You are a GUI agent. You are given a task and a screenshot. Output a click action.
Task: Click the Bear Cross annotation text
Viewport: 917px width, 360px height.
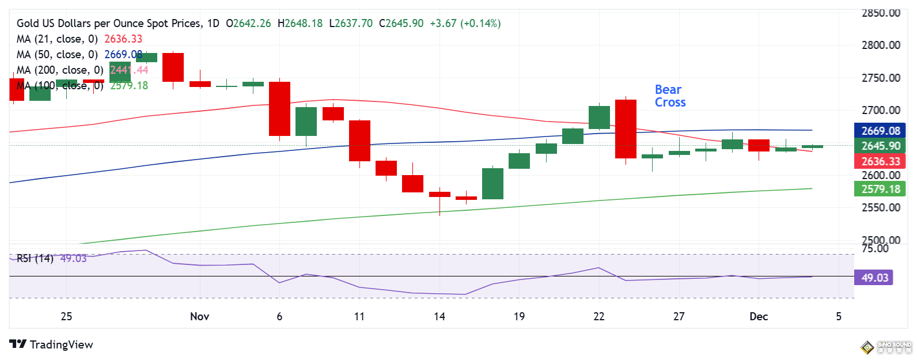670,96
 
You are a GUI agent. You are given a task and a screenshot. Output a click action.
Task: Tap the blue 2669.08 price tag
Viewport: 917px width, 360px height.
880,131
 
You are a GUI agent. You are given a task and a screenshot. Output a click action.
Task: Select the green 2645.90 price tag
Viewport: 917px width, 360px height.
880,146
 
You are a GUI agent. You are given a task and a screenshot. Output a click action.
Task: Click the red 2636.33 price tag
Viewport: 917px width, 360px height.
880,161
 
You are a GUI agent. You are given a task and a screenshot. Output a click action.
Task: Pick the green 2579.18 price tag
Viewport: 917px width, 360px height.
880,189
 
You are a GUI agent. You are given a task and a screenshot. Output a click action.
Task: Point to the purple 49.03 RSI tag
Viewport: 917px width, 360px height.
874,278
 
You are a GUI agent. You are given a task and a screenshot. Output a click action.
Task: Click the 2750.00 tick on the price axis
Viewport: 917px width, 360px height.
881,78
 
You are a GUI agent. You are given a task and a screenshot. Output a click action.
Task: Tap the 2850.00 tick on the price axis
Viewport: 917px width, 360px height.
881,13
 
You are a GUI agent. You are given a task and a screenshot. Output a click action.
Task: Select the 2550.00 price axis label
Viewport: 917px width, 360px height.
881,207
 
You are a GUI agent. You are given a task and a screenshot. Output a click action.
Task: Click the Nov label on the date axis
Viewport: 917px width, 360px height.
199,316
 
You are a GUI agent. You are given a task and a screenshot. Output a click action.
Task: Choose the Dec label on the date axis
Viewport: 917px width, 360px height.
759,316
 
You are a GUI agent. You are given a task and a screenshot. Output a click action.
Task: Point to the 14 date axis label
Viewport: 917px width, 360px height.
439,316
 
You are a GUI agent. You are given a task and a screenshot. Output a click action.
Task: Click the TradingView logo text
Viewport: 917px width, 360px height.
61,344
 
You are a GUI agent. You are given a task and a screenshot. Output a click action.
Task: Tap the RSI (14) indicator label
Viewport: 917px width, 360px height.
35,258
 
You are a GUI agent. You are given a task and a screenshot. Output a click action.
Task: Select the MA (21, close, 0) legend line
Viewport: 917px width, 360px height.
58,39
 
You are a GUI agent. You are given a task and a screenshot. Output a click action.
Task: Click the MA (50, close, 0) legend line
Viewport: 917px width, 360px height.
58,54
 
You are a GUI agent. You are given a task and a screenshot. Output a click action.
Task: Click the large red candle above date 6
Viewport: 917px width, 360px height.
280,109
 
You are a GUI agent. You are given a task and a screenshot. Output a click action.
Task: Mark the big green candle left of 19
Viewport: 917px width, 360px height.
492,184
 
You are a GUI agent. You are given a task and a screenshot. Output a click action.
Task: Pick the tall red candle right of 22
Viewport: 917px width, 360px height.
626,129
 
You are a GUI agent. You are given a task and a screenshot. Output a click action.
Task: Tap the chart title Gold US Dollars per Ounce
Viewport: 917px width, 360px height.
109,23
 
